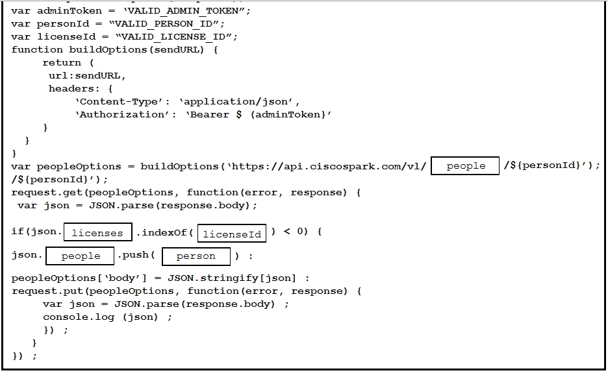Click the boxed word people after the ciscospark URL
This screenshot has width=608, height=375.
click(466, 165)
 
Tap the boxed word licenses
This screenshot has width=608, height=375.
click(97, 233)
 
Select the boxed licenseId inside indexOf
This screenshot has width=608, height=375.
click(232, 234)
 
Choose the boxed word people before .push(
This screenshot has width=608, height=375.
click(81, 256)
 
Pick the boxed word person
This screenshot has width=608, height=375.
click(196, 256)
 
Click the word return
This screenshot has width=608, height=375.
click(62, 63)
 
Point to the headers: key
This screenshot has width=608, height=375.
click(71, 89)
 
